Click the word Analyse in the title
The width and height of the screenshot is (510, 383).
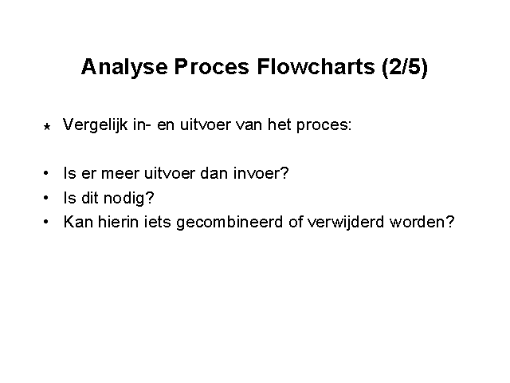(x=124, y=68)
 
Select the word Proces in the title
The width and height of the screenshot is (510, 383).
(x=212, y=67)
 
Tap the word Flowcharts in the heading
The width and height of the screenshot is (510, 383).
(x=316, y=67)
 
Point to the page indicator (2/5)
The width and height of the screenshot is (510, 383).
(x=405, y=67)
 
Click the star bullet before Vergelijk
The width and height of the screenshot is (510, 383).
(x=47, y=126)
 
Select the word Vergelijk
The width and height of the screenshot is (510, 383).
(x=95, y=125)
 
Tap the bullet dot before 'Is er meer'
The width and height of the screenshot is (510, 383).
(x=46, y=173)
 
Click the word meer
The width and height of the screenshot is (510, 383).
(x=120, y=174)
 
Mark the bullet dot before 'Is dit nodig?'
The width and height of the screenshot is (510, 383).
(x=46, y=198)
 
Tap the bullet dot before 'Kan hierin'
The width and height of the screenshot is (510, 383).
(x=46, y=222)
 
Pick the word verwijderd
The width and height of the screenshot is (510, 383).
(x=346, y=223)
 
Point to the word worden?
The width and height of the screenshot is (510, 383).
(x=422, y=222)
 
